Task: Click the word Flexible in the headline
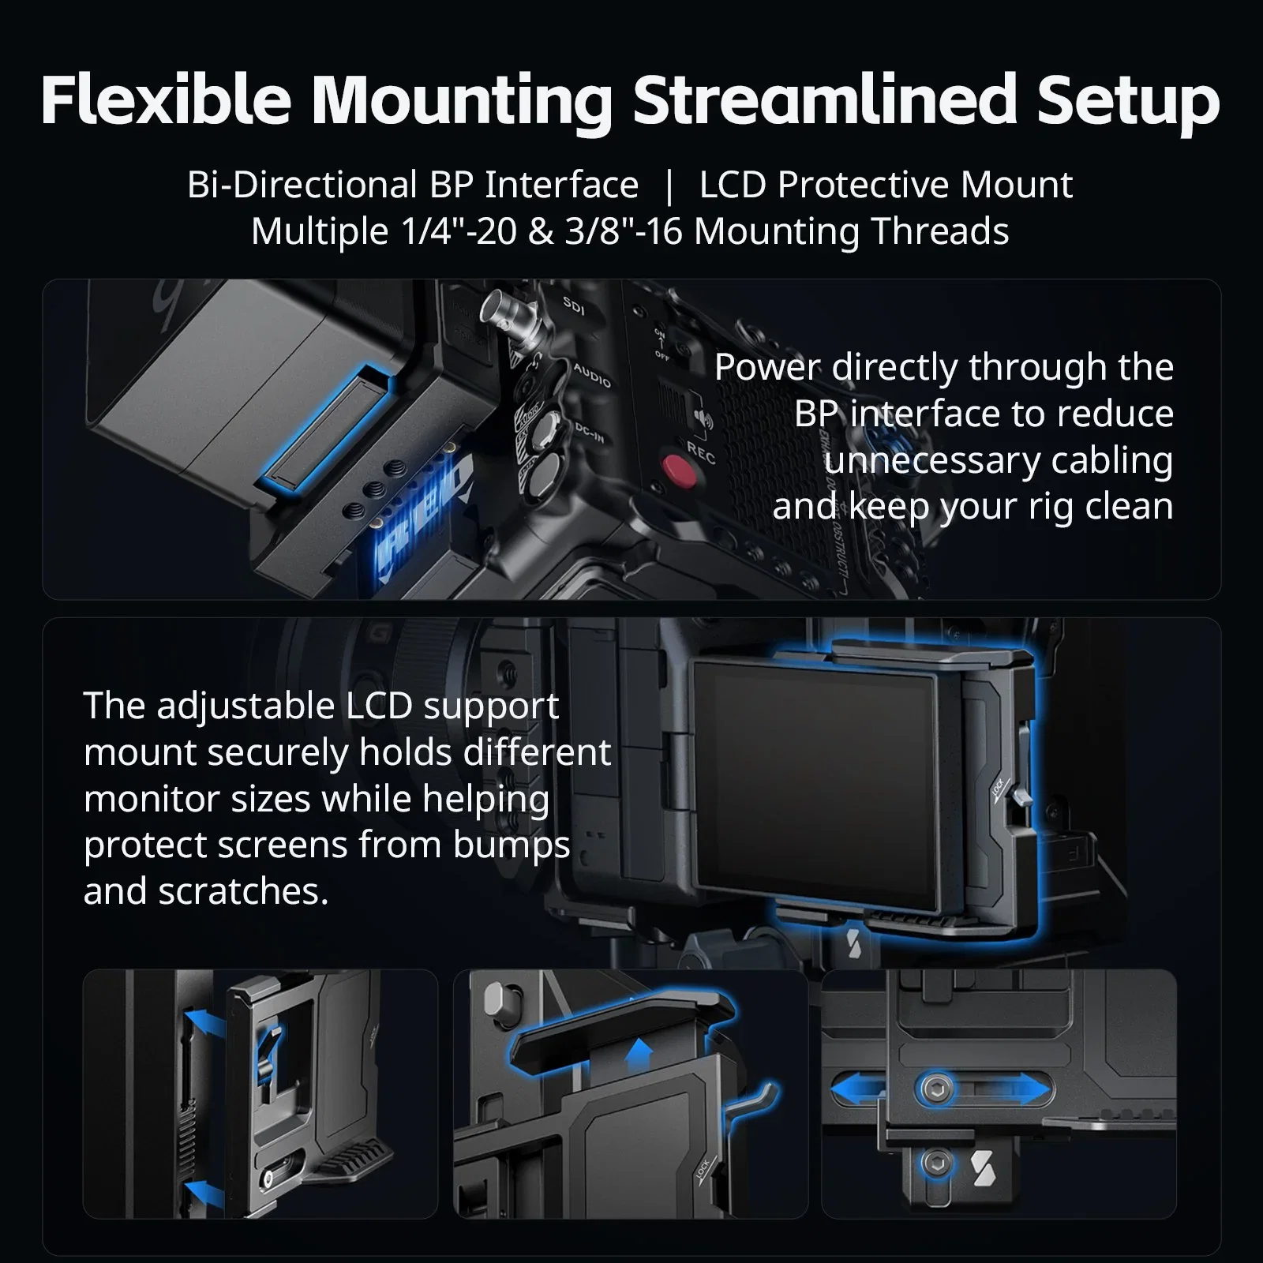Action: (x=167, y=100)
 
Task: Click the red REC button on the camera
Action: (x=678, y=471)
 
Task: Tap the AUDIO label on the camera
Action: (x=592, y=376)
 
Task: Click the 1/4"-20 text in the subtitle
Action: (x=459, y=232)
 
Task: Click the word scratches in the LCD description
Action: (x=243, y=891)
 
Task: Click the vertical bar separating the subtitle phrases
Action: (x=669, y=186)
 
